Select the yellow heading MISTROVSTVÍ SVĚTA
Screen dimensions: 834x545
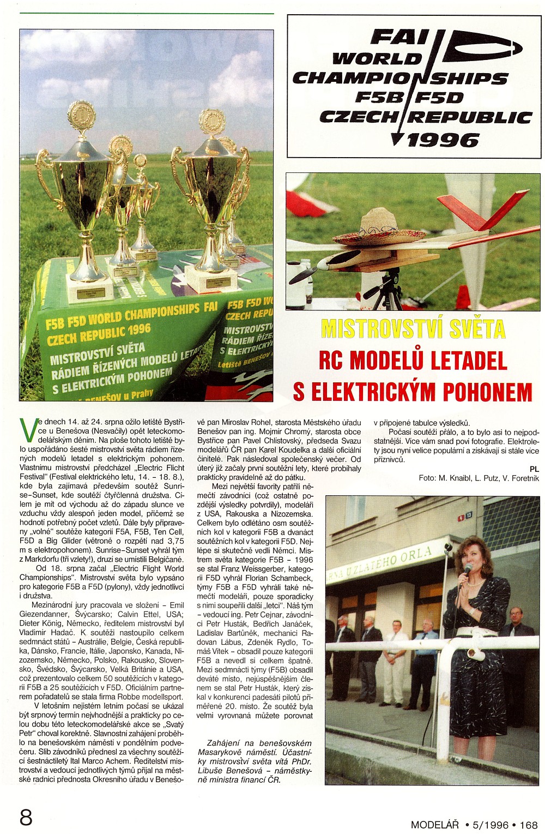pyautogui.click(x=413, y=329)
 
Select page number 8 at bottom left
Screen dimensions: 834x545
pyautogui.click(x=26, y=818)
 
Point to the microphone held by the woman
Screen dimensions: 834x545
pyautogui.click(x=467, y=570)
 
